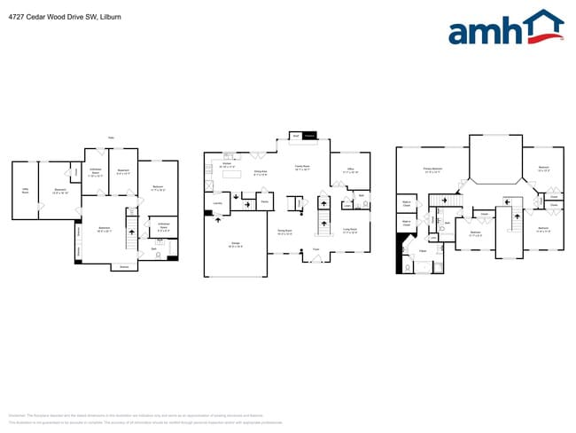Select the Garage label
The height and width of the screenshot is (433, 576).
point(236,246)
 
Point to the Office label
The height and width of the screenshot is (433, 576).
point(350,170)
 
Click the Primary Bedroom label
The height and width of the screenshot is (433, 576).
point(432,169)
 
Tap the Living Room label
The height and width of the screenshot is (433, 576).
point(350,230)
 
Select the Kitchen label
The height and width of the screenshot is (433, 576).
point(226,164)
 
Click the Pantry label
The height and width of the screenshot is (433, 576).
point(264,202)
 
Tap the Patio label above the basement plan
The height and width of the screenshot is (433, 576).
point(111,137)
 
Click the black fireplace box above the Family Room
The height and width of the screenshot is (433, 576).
point(309,136)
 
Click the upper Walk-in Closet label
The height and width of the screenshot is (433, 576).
point(406,203)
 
